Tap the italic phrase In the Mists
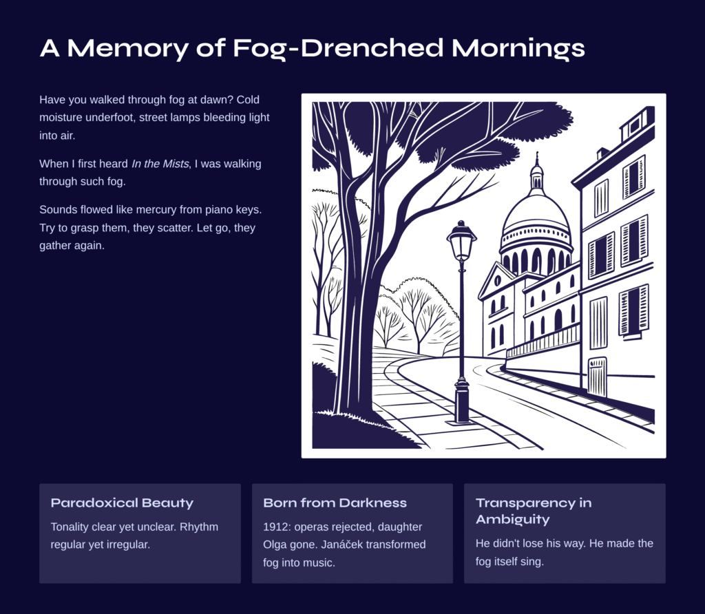coord(160,164)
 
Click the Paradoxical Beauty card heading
coord(122,503)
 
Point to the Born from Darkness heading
coord(335,502)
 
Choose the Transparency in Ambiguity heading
coord(534,511)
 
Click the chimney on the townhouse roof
coord(602,153)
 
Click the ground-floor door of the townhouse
coord(597,377)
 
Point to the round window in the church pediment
coord(497,281)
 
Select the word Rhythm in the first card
coord(199,527)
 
